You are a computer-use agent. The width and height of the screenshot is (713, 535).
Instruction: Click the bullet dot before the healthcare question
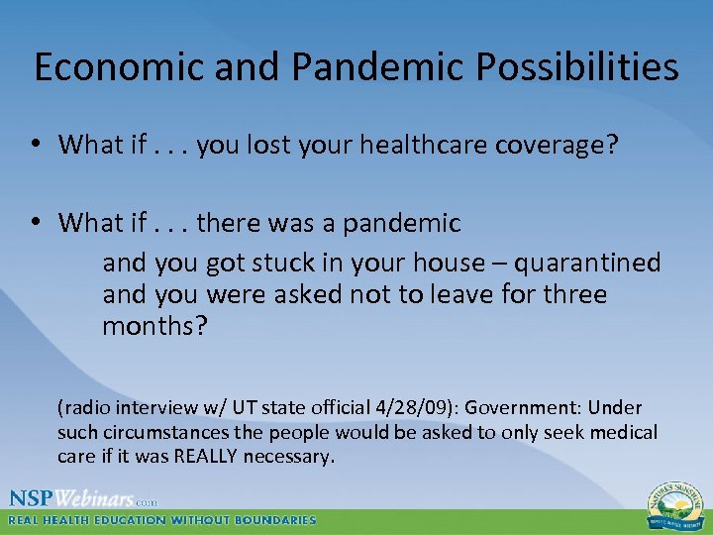[x=36, y=146]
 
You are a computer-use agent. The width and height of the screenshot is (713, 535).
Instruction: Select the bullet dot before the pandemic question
[x=36, y=224]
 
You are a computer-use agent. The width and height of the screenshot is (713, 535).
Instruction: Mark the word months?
[x=154, y=326]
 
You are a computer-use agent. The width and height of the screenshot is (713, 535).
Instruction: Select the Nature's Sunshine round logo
[x=671, y=504]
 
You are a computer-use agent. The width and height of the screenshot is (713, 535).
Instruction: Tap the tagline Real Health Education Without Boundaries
[x=162, y=520]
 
